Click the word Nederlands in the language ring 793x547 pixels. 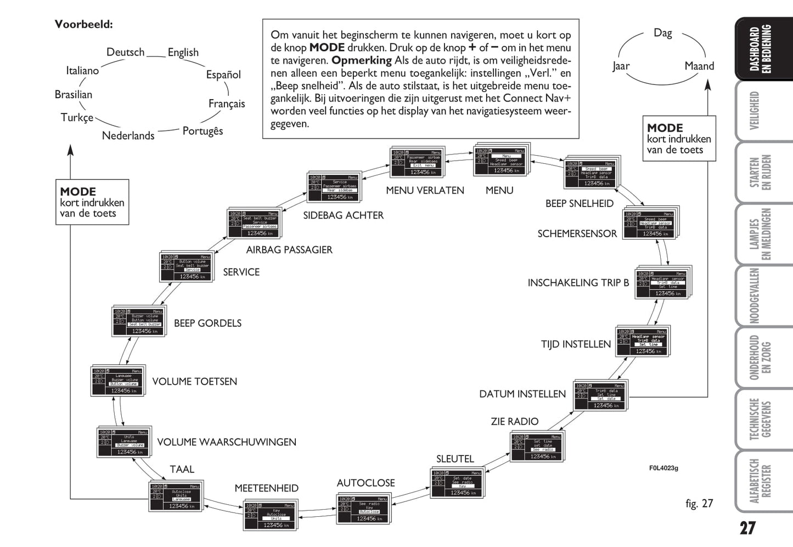tap(128, 135)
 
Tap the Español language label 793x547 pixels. tap(223, 75)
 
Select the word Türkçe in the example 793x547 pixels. tap(77, 117)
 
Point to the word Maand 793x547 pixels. tap(699, 66)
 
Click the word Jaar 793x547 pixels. tap(621, 66)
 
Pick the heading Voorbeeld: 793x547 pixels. tap(83, 24)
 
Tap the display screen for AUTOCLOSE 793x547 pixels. tap(364, 509)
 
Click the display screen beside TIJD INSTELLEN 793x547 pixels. tap(642, 341)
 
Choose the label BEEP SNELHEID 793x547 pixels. tap(579, 203)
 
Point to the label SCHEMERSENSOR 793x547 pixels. tap(577, 233)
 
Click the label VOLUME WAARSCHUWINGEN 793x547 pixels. tap(227, 442)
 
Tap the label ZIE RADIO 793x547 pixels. tap(514, 421)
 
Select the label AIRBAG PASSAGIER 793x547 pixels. tap(289, 250)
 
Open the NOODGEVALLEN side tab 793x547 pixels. tap(755, 295)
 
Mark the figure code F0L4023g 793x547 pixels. tap(663, 468)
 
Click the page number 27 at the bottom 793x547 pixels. tap(747, 528)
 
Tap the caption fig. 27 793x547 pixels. tap(699, 503)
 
